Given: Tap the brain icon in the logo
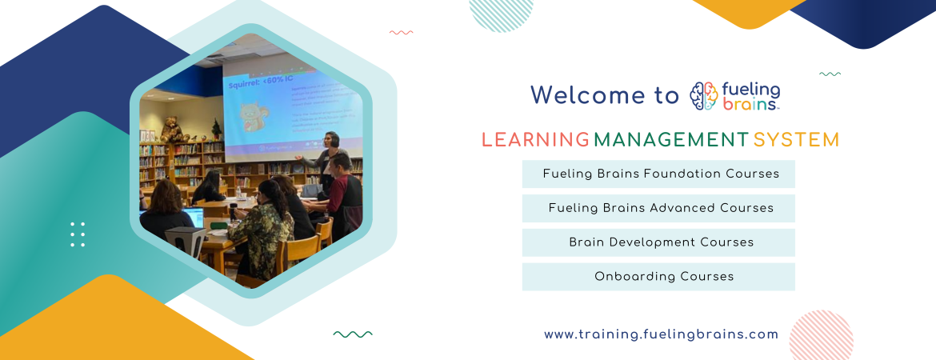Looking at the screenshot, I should pos(704,96).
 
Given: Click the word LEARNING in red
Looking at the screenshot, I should pos(535,140).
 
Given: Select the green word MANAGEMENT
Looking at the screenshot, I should pos(670,140).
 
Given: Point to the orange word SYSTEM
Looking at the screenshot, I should pos(796,140).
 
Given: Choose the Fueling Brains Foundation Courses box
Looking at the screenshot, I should pos(658,174).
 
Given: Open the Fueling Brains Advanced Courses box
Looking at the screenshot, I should pos(658,208).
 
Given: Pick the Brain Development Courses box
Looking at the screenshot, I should pos(658,242).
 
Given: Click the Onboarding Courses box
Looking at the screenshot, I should pos(658,277).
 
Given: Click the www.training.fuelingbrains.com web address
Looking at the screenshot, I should pos(661,334).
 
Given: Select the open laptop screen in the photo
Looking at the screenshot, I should pos(194,217).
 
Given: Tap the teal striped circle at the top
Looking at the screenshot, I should pos(501,14).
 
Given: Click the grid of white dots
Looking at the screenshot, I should pos(78,234).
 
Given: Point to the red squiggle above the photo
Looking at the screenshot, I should pos(401,33).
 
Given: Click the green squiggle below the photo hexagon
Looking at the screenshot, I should pos(352,334).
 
